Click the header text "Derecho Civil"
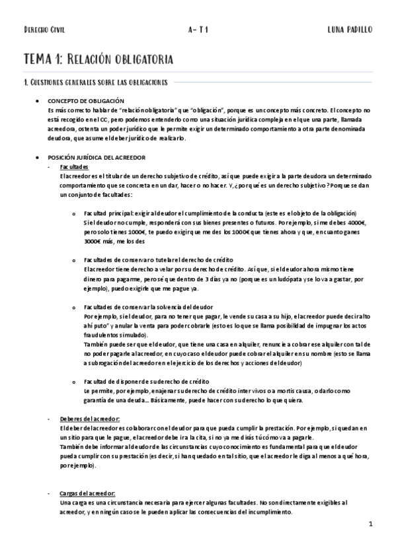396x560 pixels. click(x=44, y=30)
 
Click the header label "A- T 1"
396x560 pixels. click(x=198, y=30)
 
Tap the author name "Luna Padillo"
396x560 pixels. click(x=350, y=30)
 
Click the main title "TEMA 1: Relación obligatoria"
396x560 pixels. click(x=99, y=59)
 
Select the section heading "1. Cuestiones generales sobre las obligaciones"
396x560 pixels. click(x=95, y=83)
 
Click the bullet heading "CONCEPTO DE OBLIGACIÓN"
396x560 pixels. click(x=87, y=100)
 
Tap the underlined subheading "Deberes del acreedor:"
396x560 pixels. click(x=89, y=419)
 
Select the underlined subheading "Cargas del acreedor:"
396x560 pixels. click(x=87, y=494)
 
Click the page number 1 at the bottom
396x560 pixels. click(x=372, y=525)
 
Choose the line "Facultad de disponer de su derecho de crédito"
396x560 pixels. click(x=147, y=382)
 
